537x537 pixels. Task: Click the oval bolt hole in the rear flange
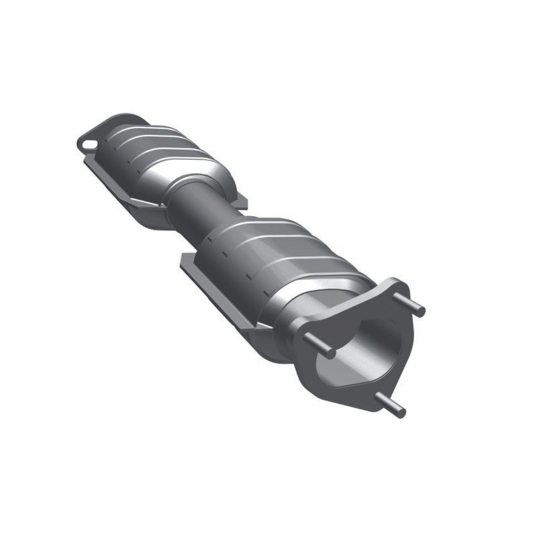[x=85, y=142]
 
